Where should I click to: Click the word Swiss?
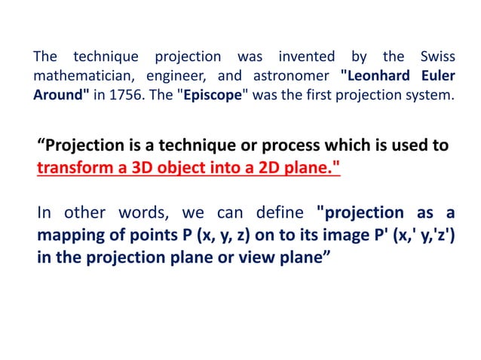[x=433, y=56]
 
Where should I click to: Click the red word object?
[x=175, y=166]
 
